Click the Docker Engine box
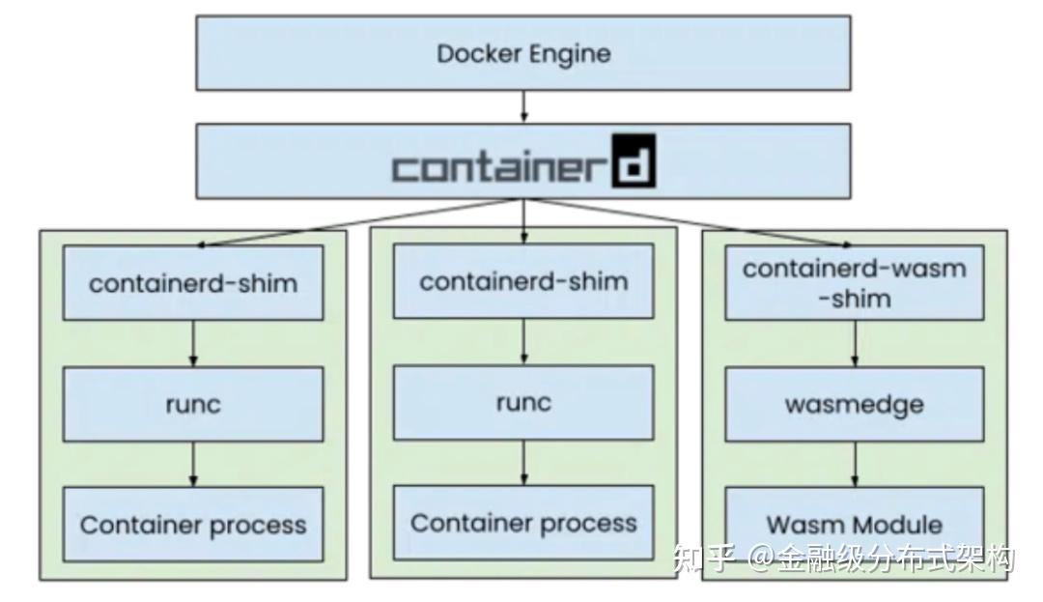point(523,53)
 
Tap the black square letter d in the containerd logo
point(634,166)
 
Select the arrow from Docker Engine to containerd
point(523,106)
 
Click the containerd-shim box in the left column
point(193,283)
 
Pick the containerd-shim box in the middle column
point(523,281)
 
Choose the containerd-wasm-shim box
point(854,282)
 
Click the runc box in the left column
point(193,404)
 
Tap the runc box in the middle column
point(523,402)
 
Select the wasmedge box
point(854,404)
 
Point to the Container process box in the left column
point(193,525)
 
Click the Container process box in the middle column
point(523,523)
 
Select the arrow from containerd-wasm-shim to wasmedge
point(855,343)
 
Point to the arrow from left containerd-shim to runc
point(193,343)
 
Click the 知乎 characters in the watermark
point(706,558)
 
